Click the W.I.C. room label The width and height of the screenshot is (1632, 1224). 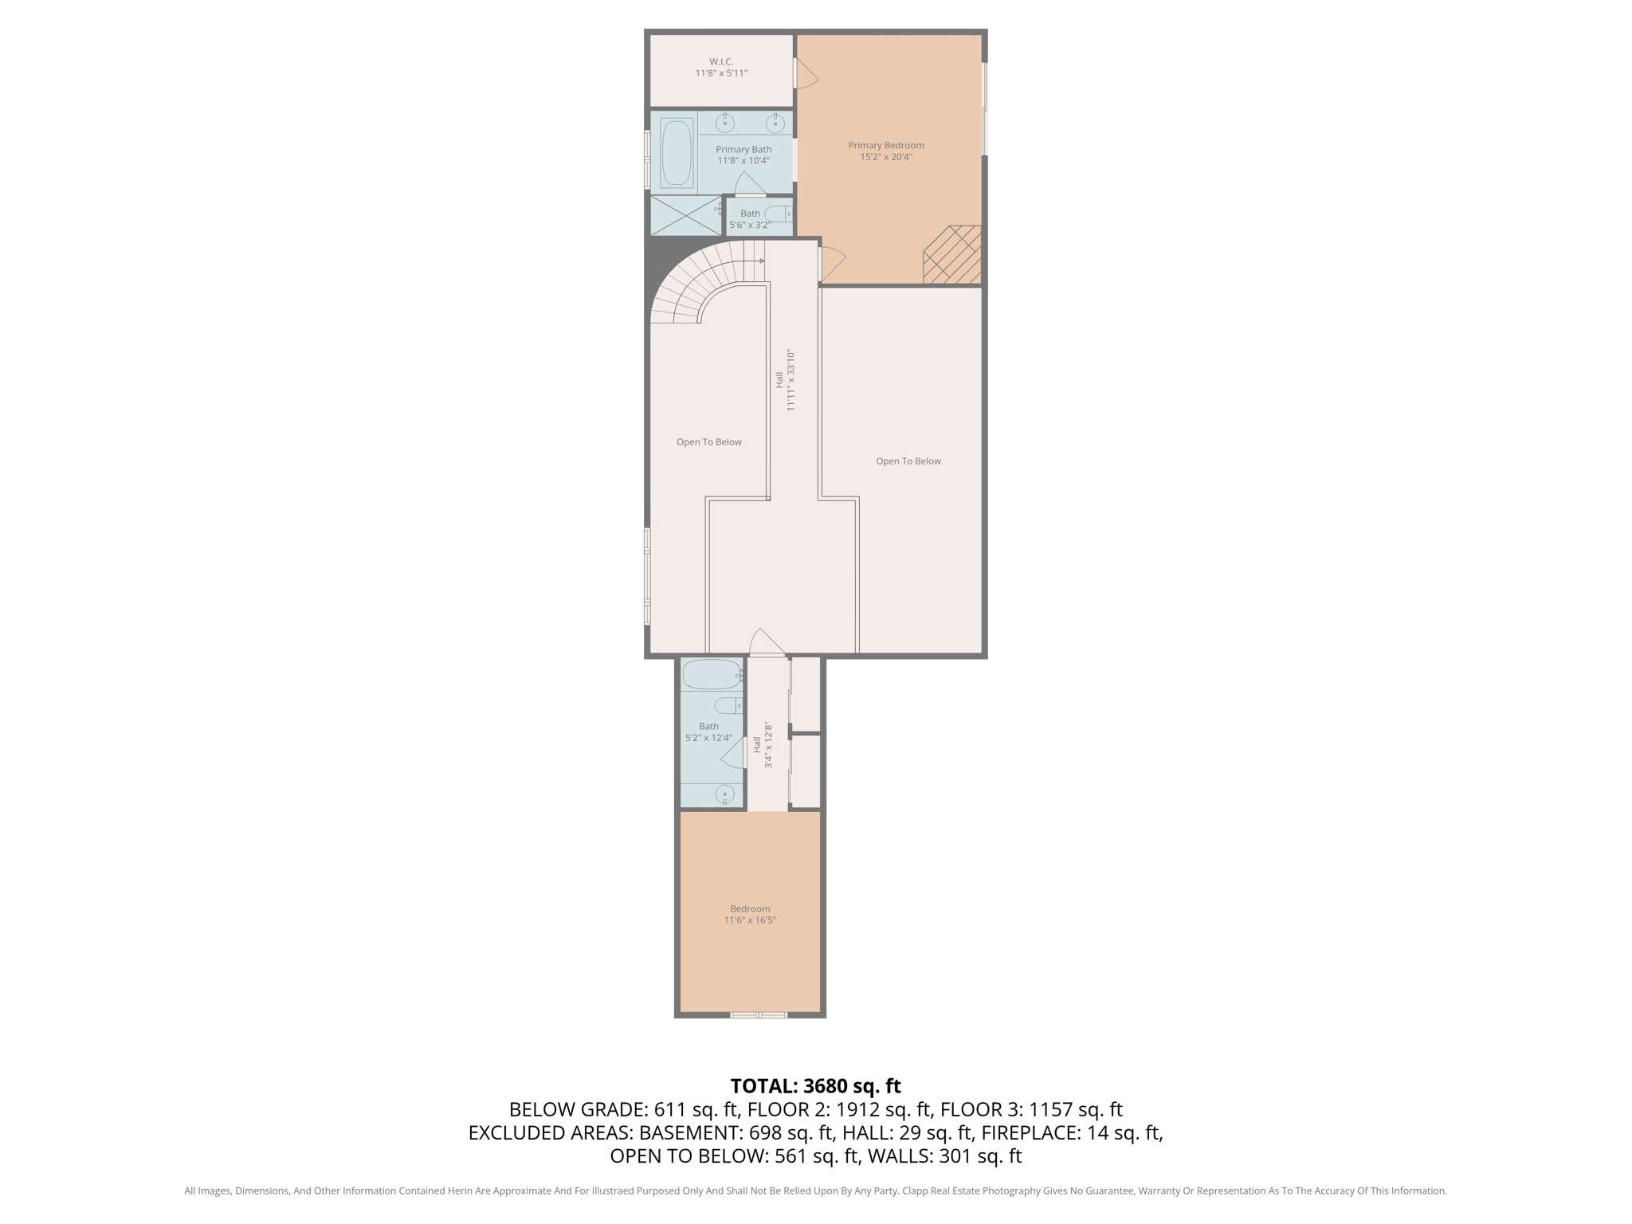tap(721, 61)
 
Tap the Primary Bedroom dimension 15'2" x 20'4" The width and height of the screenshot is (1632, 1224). tap(886, 157)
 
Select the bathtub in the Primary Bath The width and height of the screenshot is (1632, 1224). tap(677, 152)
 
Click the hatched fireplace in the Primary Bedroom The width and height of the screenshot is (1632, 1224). tap(952, 255)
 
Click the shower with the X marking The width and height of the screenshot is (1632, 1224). tap(685, 215)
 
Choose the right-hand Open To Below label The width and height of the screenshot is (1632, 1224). tap(908, 461)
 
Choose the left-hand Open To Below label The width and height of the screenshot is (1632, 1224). tap(709, 442)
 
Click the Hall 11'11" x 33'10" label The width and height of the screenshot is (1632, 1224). tap(785, 380)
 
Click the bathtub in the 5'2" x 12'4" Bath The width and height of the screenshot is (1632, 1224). tap(712, 674)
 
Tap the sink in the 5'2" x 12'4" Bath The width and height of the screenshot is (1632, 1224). tap(725, 794)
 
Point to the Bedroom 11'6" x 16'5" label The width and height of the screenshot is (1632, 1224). tap(750, 914)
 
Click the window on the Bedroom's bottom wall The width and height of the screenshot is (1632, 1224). tap(759, 1014)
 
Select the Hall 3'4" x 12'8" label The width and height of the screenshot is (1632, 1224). tap(763, 745)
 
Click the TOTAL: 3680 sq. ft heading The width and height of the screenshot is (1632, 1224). tap(815, 1086)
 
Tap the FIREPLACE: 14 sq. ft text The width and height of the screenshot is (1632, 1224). tap(1072, 1132)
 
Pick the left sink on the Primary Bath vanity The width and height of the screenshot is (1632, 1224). tap(725, 123)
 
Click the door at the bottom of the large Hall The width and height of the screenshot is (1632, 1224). tap(767, 643)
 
